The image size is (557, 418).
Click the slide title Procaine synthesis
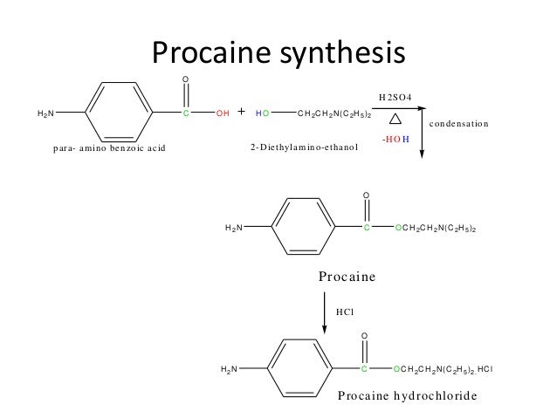pyautogui.click(x=278, y=53)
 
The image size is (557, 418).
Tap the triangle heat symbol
pyautogui.click(x=395, y=118)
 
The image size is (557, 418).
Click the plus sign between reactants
pyautogui.click(x=242, y=113)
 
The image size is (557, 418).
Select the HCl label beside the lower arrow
pyautogui.click(x=347, y=309)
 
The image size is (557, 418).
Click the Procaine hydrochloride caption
pyautogui.click(x=408, y=395)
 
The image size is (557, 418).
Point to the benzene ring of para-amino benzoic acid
pyautogui.click(x=119, y=113)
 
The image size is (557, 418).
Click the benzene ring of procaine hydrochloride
pyautogui.click(x=299, y=368)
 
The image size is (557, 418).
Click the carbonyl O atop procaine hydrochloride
pyautogui.click(x=366, y=335)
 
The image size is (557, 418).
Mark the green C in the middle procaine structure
pyautogui.click(x=366, y=228)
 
